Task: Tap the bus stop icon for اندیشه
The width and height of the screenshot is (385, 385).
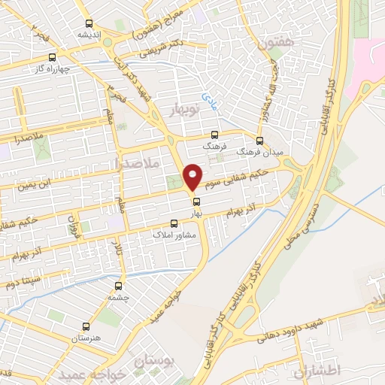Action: coord(89,23)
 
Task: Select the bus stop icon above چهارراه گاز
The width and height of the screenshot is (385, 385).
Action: coord(52,56)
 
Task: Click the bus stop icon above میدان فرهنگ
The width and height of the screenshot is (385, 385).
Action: coord(260,140)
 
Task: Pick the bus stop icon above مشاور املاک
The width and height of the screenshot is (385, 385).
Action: coord(174,223)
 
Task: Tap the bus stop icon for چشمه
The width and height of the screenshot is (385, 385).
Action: coord(119,286)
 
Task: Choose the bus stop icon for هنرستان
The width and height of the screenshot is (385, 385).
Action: coord(85,327)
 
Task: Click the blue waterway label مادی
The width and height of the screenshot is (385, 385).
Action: coord(208,99)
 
